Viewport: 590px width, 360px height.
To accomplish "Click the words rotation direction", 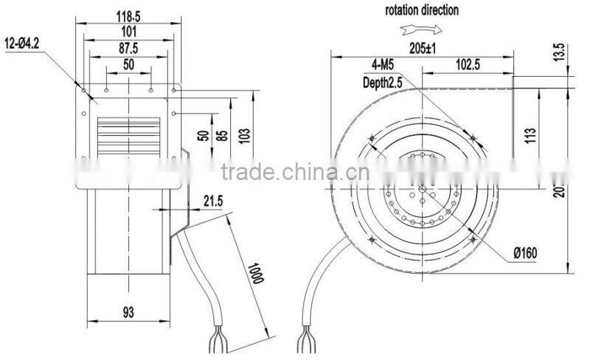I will click(421, 11).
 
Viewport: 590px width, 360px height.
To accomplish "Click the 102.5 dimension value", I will click(468, 65).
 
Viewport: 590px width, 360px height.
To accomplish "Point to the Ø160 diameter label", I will click(526, 252).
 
